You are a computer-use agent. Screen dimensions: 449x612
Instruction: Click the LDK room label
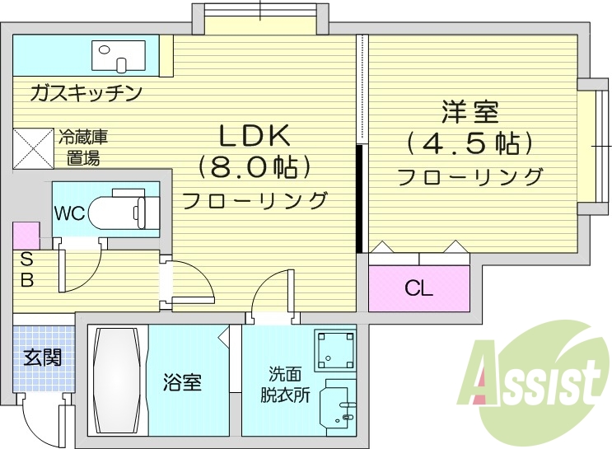tap(254, 134)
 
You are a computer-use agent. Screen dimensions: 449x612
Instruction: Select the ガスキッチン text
tap(86, 92)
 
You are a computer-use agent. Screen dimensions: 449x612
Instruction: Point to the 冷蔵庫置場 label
tap(82, 147)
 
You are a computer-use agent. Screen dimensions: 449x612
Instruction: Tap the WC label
tap(69, 213)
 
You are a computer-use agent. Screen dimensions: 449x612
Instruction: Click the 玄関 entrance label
tap(41, 358)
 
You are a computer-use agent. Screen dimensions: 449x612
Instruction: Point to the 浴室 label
tap(182, 382)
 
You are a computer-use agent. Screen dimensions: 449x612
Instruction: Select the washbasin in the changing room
tap(339, 405)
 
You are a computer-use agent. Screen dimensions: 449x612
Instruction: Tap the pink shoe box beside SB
tap(26, 236)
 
